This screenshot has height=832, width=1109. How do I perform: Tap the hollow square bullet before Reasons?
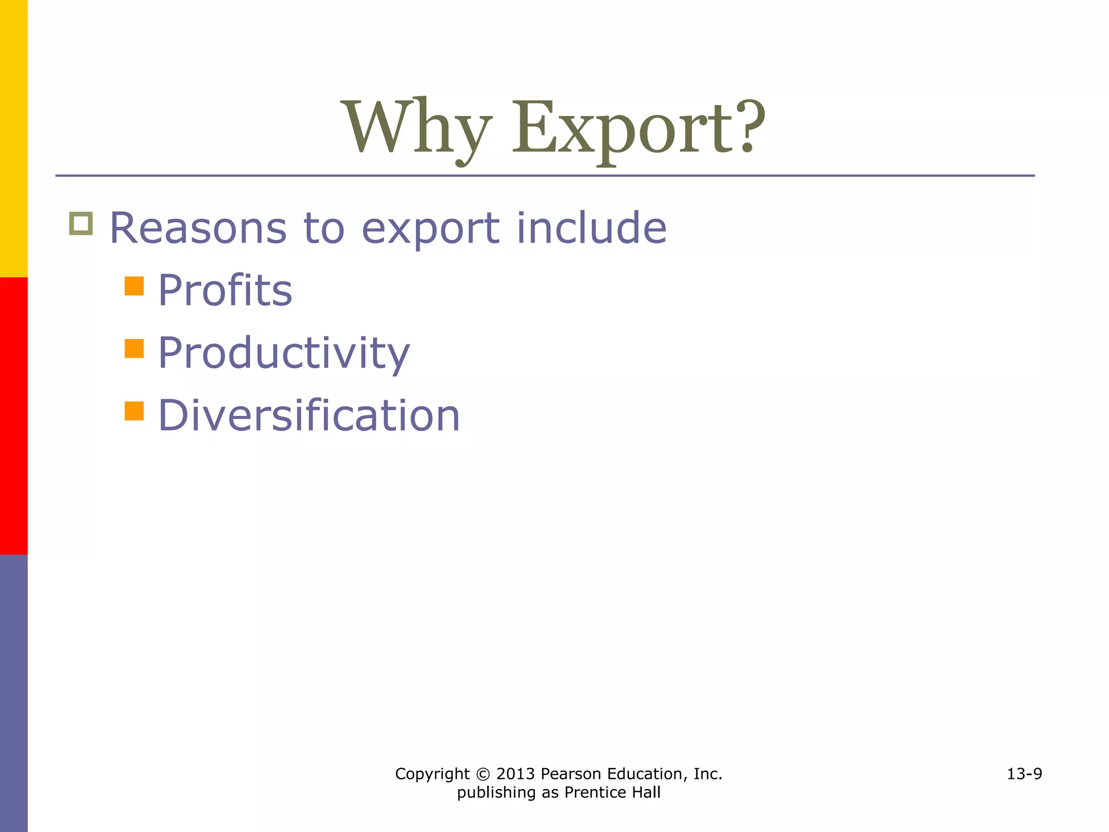coord(81,224)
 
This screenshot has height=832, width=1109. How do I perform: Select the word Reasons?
coord(198,228)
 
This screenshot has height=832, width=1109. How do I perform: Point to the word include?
coord(591,228)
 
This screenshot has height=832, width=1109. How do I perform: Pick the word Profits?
coord(225,290)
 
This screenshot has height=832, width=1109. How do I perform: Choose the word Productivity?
coord(284,353)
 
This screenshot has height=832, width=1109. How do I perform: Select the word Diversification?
coord(309,415)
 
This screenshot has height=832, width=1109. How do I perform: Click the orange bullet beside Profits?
coord(134,286)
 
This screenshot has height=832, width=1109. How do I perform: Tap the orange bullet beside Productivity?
coord(134,349)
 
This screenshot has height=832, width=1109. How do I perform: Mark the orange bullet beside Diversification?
coord(134,411)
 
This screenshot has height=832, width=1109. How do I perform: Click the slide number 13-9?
coord(1024,773)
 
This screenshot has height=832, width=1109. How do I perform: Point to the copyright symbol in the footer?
coord(483,774)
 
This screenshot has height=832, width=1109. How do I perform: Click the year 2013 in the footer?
coord(515,774)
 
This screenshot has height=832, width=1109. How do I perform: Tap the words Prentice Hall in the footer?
coord(612,792)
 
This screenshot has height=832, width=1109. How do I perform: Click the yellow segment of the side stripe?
coord(14,138)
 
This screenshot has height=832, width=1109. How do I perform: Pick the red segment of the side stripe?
coord(14,415)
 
